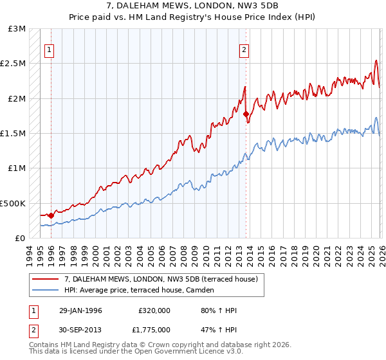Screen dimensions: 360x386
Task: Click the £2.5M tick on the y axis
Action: [x=12, y=64]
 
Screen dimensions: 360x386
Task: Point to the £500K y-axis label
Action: [x=12, y=203]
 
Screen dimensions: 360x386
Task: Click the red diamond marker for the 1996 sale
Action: [x=51, y=215]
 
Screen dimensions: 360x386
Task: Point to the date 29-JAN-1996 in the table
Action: [x=80, y=310]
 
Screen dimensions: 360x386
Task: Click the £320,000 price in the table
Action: [x=154, y=310]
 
